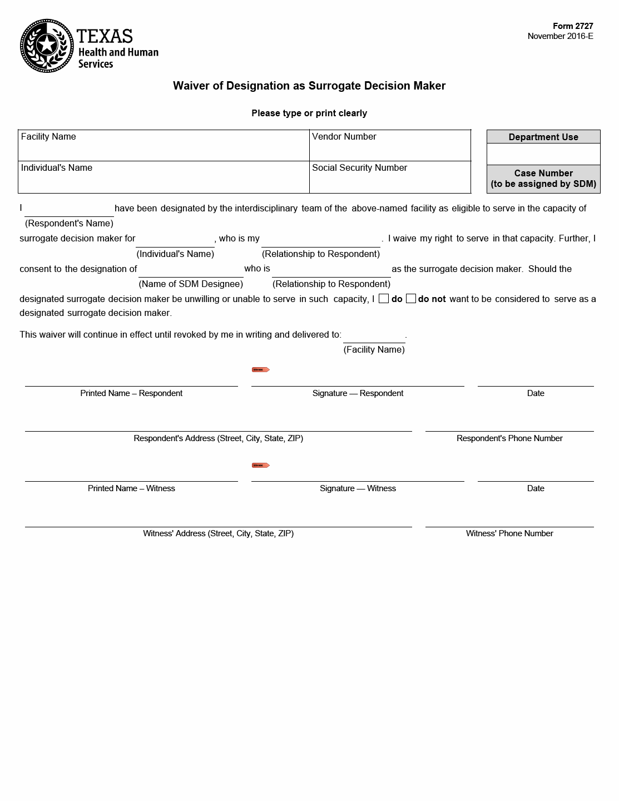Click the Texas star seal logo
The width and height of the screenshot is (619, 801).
coord(47,46)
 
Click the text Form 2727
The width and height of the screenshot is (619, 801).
coord(573,26)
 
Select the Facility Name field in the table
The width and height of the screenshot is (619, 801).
coord(164,146)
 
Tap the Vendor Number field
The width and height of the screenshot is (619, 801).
coord(389,146)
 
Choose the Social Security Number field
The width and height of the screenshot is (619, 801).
coord(389,177)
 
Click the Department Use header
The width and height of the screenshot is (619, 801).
coord(543,137)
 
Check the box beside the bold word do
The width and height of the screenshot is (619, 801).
coord(384,299)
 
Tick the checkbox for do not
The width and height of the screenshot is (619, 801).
coord(411,299)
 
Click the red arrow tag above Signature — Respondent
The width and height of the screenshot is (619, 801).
coord(261,369)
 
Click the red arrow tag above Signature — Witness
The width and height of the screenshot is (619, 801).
coord(261,465)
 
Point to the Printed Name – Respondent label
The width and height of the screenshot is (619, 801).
coord(131,393)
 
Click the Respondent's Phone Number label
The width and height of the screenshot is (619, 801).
coord(509,438)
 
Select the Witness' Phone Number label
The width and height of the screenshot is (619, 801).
coord(509,533)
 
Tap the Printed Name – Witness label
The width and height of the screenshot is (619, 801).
coord(131,488)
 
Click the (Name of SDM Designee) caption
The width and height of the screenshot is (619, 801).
coord(191,284)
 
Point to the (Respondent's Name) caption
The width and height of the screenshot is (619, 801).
coord(69,223)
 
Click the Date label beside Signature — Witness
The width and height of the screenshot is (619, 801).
coord(536,488)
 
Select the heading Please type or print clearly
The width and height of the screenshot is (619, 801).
coord(309,113)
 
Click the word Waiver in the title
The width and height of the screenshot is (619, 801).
coord(191,86)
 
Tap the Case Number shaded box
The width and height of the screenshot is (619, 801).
coord(543,179)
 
